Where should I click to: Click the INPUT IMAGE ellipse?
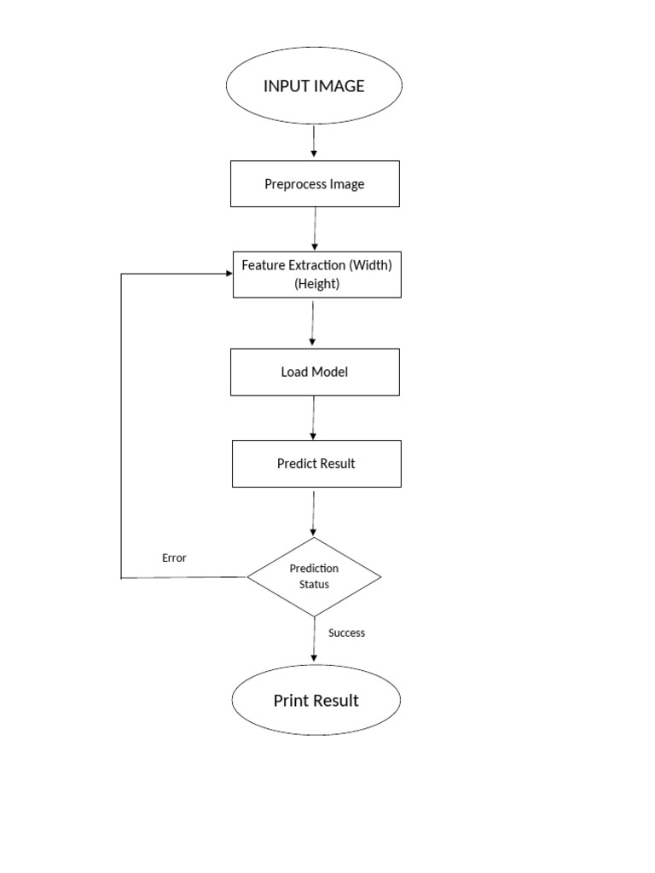pos(314,85)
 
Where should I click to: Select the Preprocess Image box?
pos(315,184)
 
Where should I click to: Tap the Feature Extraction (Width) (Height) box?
pos(316,275)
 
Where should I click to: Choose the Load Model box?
pos(315,372)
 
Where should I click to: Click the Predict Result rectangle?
pos(316,464)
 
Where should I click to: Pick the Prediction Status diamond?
pos(314,576)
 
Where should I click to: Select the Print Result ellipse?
pos(316,701)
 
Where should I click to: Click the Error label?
pos(174,558)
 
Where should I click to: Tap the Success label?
pos(346,633)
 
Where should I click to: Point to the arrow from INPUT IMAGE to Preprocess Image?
pos(314,142)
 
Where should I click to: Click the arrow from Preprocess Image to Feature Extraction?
pos(315,228)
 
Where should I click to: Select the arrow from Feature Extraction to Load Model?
pos(313,322)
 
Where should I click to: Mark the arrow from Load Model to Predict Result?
pos(314,418)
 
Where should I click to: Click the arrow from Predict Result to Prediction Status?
pos(314,512)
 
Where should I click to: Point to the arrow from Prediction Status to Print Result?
pos(314,639)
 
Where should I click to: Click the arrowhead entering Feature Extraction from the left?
pos(228,274)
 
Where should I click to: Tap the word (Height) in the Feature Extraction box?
pos(316,284)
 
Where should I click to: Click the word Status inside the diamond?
pos(314,584)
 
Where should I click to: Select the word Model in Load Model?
pos(330,372)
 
